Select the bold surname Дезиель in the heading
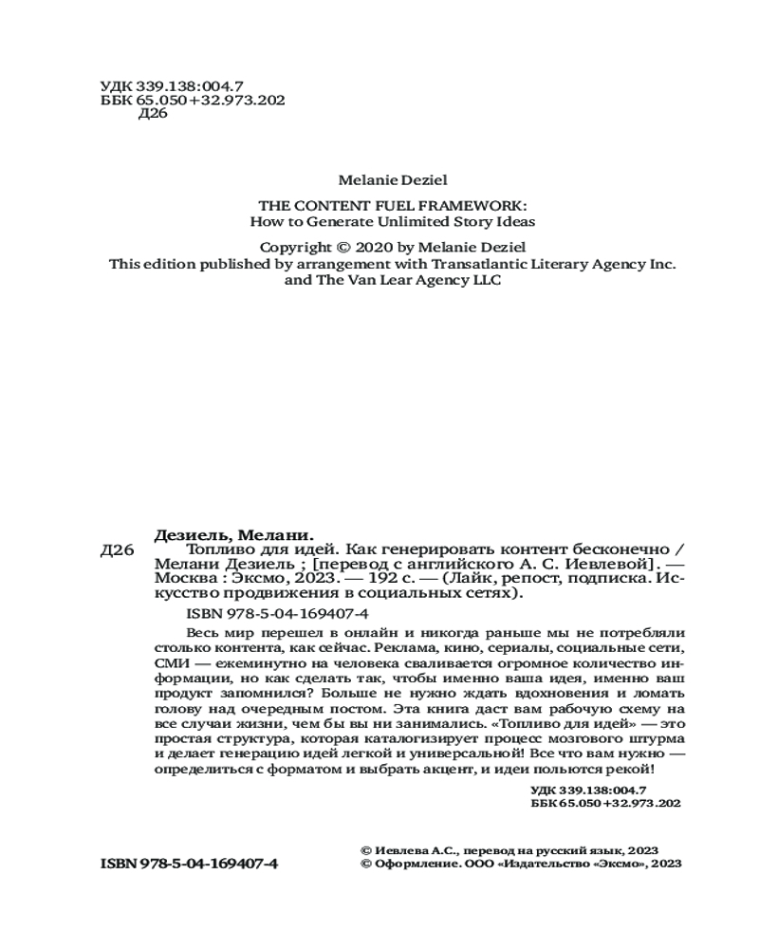pyautogui.click(x=193, y=533)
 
